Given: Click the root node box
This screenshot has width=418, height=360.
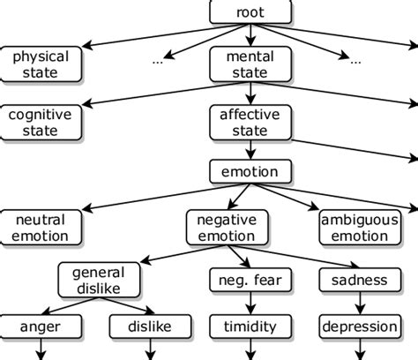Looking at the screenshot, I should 250,11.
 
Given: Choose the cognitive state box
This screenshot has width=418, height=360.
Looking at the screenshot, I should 41,123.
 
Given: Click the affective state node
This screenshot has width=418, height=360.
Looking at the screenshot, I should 250,123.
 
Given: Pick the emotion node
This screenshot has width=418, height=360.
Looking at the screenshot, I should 250,172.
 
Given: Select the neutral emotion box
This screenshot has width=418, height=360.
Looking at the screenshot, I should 41,227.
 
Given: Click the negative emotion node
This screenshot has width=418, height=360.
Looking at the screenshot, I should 226,227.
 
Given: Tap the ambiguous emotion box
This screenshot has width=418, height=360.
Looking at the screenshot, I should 359,227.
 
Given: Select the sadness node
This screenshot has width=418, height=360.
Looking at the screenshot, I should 359,281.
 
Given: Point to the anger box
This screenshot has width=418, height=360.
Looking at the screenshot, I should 41,326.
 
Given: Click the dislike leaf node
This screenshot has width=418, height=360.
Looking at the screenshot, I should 151,326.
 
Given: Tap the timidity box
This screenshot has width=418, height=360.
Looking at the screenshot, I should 250,326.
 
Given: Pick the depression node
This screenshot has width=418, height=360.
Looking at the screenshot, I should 359,326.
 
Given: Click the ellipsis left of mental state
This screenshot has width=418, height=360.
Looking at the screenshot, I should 158,62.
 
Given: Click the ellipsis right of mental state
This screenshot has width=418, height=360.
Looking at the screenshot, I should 355,62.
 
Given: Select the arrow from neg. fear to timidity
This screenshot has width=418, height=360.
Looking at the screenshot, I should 250,304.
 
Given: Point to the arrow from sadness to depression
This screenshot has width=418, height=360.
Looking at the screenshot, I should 359,304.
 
